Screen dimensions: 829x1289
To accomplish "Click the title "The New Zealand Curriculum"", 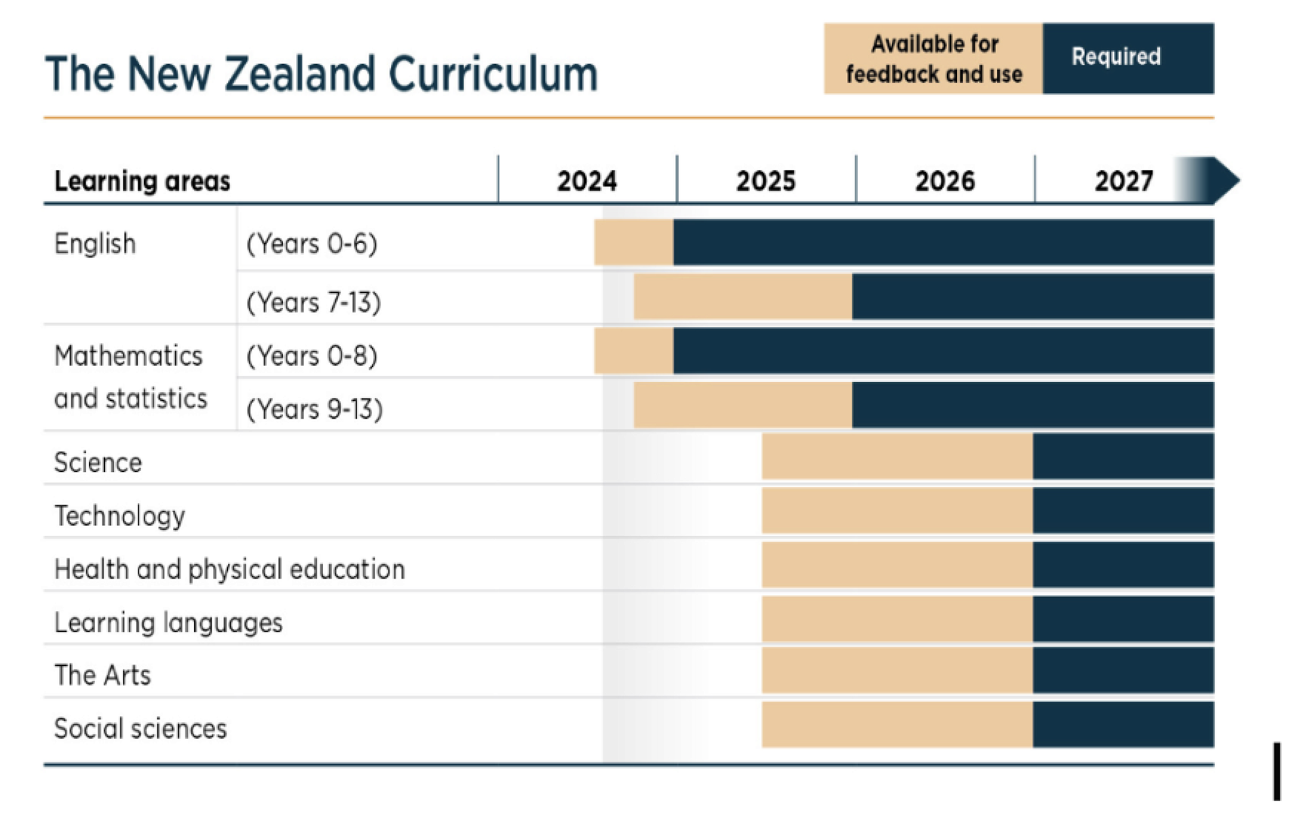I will click(x=321, y=73).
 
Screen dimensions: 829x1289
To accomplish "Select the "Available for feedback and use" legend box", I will click(x=933, y=59).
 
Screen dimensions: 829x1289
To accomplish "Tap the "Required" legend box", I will click(x=1128, y=59).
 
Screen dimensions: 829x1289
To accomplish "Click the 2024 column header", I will click(x=586, y=181).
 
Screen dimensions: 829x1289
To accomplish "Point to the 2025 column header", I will click(x=766, y=181).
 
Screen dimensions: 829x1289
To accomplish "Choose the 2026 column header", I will click(x=945, y=181).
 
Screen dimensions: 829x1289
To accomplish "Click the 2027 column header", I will click(x=1123, y=181).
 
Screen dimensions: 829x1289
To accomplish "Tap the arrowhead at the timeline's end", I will click(x=1225, y=180).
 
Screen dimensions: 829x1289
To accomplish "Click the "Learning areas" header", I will click(x=142, y=181).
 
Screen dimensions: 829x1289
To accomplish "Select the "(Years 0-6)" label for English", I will click(x=312, y=244).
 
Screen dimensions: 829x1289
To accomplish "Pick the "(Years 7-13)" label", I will click(x=314, y=302).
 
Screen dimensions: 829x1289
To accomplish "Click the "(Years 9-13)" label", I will click(x=315, y=409).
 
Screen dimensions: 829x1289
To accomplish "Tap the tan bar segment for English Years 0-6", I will click(x=634, y=242).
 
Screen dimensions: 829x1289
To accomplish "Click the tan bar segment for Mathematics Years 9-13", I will click(x=742, y=405).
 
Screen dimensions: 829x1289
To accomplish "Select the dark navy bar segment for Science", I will click(x=1123, y=457).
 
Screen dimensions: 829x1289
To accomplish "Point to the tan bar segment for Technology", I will click(x=897, y=511).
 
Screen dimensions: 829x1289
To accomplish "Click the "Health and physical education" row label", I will click(x=229, y=569).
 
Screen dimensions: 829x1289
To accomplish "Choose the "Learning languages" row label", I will click(x=168, y=623).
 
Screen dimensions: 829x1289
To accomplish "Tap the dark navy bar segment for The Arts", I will click(x=1123, y=671).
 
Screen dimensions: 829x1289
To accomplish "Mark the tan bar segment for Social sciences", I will click(x=897, y=725).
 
